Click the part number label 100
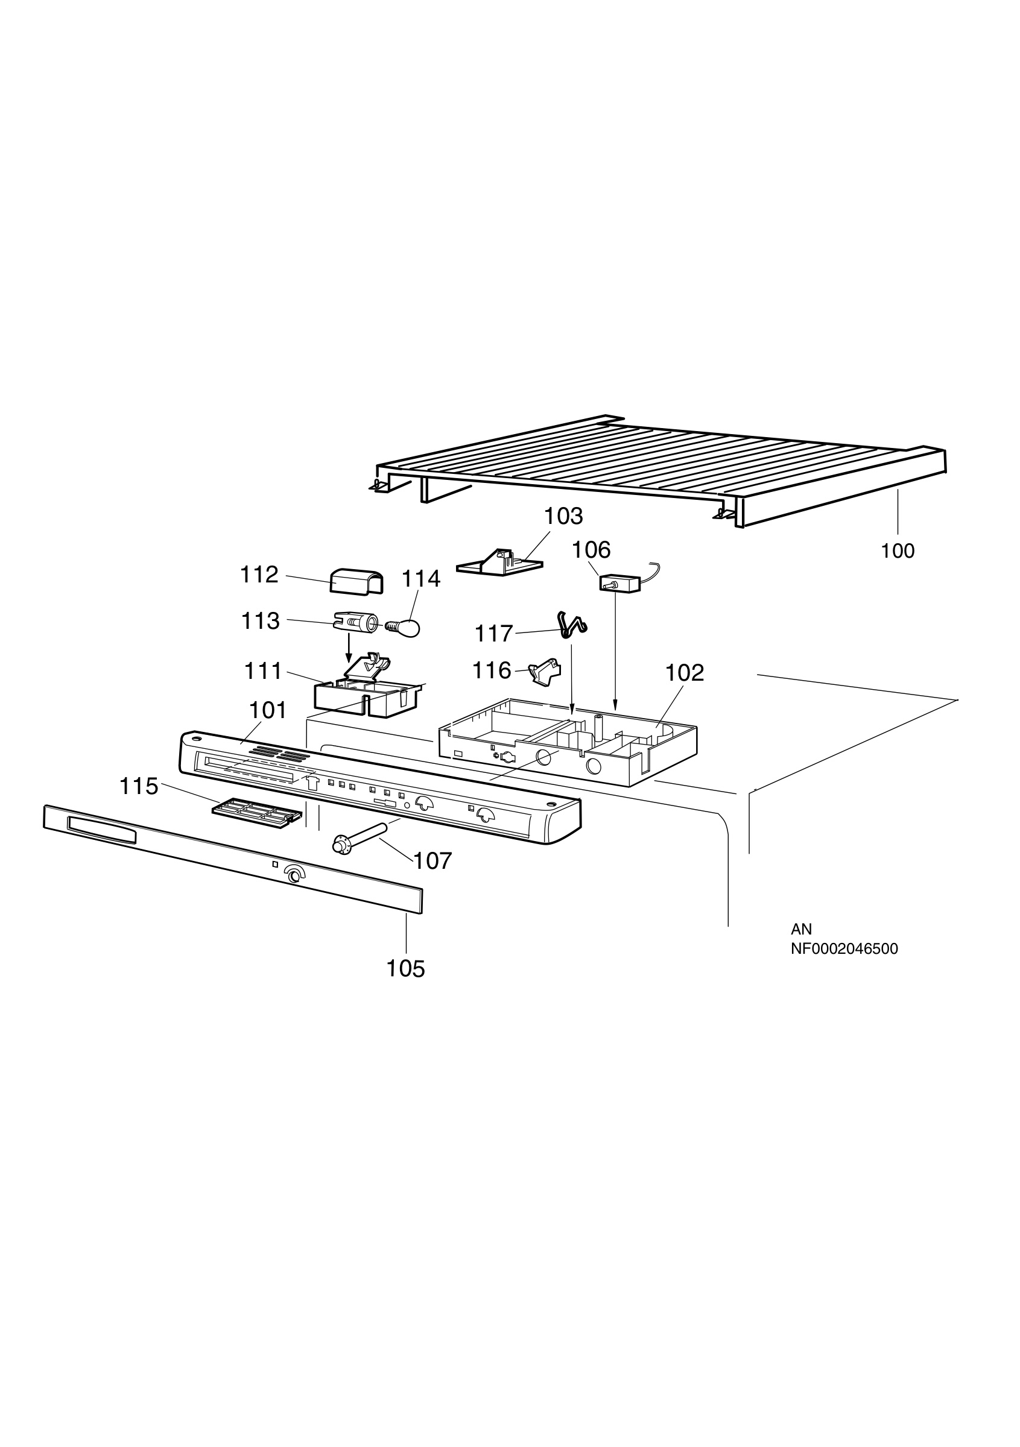(x=898, y=551)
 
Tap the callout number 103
(x=563, y=516)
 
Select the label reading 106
(x=591, y=550)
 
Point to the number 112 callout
(x=259, y=575)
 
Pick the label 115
(x=139, y=787)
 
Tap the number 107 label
(x=433, y=861)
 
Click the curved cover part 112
(x=356, y=582)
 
